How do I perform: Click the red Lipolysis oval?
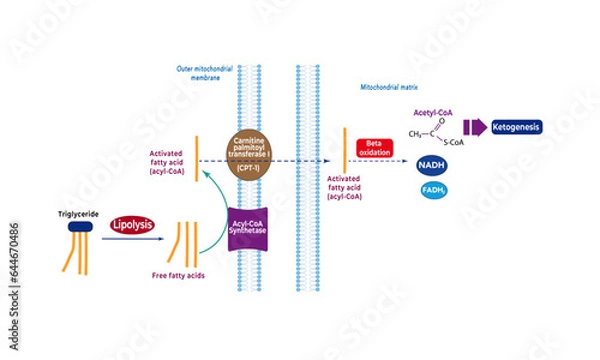tap(132, 225)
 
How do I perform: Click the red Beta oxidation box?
tap(377, 149)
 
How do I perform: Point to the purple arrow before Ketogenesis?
tap(473, 127)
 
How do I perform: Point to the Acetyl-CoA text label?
tap(433, 114)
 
